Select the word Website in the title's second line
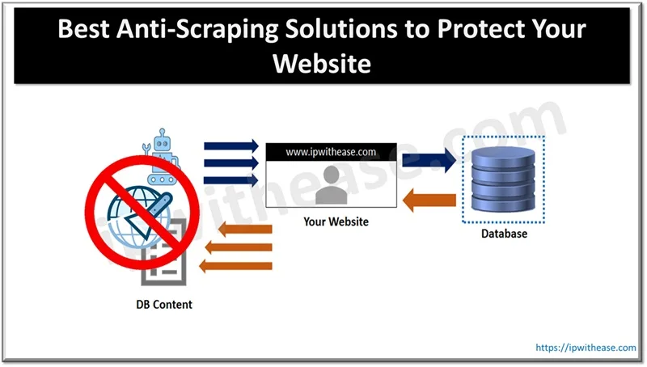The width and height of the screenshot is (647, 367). [323, 63]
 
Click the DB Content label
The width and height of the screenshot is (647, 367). [164, 305]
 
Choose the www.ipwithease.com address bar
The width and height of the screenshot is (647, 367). [331, 150]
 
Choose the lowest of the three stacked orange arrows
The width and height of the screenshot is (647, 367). [239, 264]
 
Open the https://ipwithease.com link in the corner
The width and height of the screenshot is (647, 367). [586, 348]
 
